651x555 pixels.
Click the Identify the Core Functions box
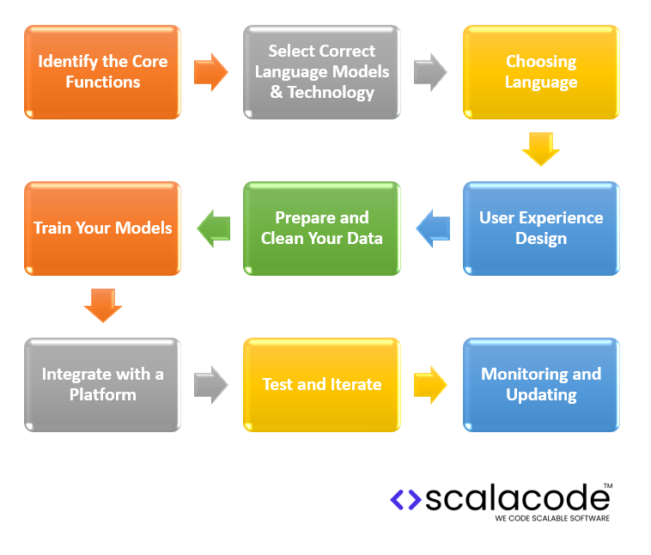point(102,72)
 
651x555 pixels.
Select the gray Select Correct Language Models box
point(321,72)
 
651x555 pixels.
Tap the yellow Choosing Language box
point(540,72)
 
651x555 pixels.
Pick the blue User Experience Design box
point(540,229)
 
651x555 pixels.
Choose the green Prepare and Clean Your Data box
point(321,229)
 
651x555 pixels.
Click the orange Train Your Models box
point(102,229)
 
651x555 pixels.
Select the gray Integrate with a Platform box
point(102,385)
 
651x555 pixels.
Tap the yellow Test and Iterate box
point(321,385)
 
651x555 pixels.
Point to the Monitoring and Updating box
point(540,385)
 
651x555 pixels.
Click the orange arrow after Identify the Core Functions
point(211,72)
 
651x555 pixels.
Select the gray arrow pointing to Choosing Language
point(430,72)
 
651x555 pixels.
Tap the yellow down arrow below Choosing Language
point(540,149)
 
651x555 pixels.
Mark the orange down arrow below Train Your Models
point(103,305)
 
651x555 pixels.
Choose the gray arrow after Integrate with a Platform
point(211,385)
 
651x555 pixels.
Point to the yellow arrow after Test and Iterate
point(430,385)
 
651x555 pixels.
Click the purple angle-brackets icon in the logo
point(405,499)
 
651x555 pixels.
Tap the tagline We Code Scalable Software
point(552,519)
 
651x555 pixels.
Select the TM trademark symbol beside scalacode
point(607,486)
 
